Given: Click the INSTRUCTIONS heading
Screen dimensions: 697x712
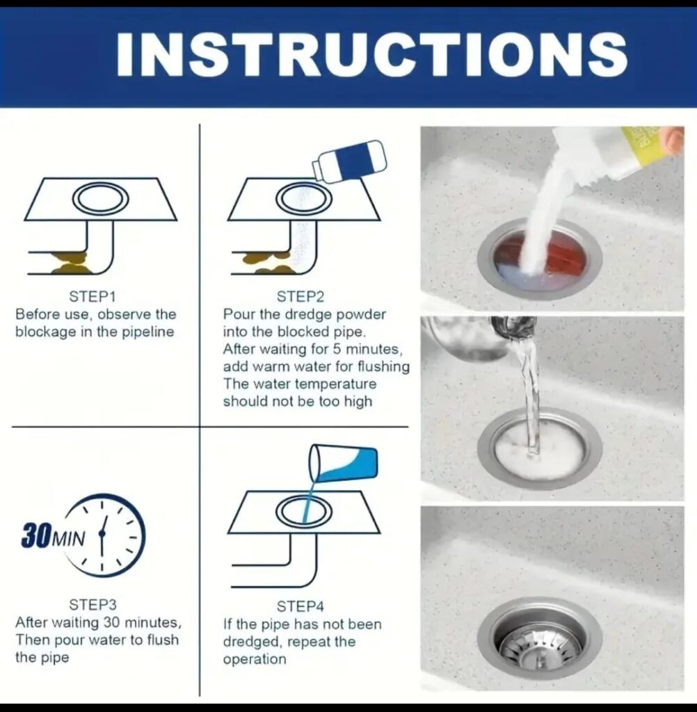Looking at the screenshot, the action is pos(371,54).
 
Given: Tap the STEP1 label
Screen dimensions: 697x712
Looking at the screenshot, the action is pos(93,296).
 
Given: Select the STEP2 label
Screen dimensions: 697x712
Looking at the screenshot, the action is pos(301,296).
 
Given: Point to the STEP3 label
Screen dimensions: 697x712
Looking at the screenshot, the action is pos(93,605).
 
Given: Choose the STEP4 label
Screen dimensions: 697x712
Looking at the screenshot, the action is pos(301,606).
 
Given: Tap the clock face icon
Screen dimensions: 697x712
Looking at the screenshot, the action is pos(106,535).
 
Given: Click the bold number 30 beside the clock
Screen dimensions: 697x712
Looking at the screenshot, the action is pos(36,536).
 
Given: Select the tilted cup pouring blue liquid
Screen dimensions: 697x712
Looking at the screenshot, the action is pos(343,464).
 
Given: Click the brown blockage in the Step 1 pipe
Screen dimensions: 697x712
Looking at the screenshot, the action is pos(69,262).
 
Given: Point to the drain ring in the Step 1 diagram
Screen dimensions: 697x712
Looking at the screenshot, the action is pos(100,198).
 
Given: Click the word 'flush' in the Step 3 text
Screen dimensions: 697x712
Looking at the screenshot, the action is pos(163,640).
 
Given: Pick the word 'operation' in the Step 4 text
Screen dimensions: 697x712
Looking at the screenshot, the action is pos(255,659).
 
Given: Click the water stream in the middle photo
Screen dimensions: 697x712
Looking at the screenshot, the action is pos(527,391).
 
